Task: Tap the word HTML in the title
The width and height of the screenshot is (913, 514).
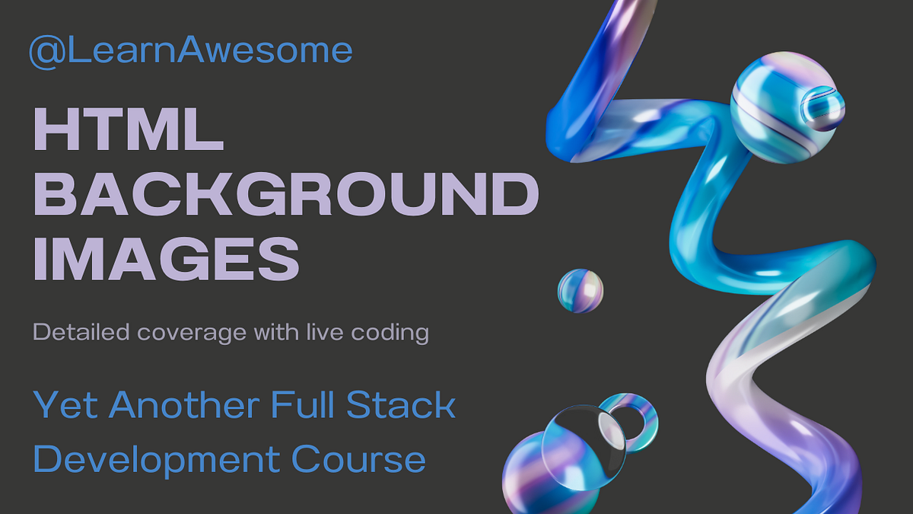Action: tap(128, 129)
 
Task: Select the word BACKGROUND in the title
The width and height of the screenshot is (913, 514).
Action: tap(286, 194)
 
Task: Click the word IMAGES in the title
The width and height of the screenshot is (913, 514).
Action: tap(166, 258)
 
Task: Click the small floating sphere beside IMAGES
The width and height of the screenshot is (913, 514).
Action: tap(581, 291)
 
